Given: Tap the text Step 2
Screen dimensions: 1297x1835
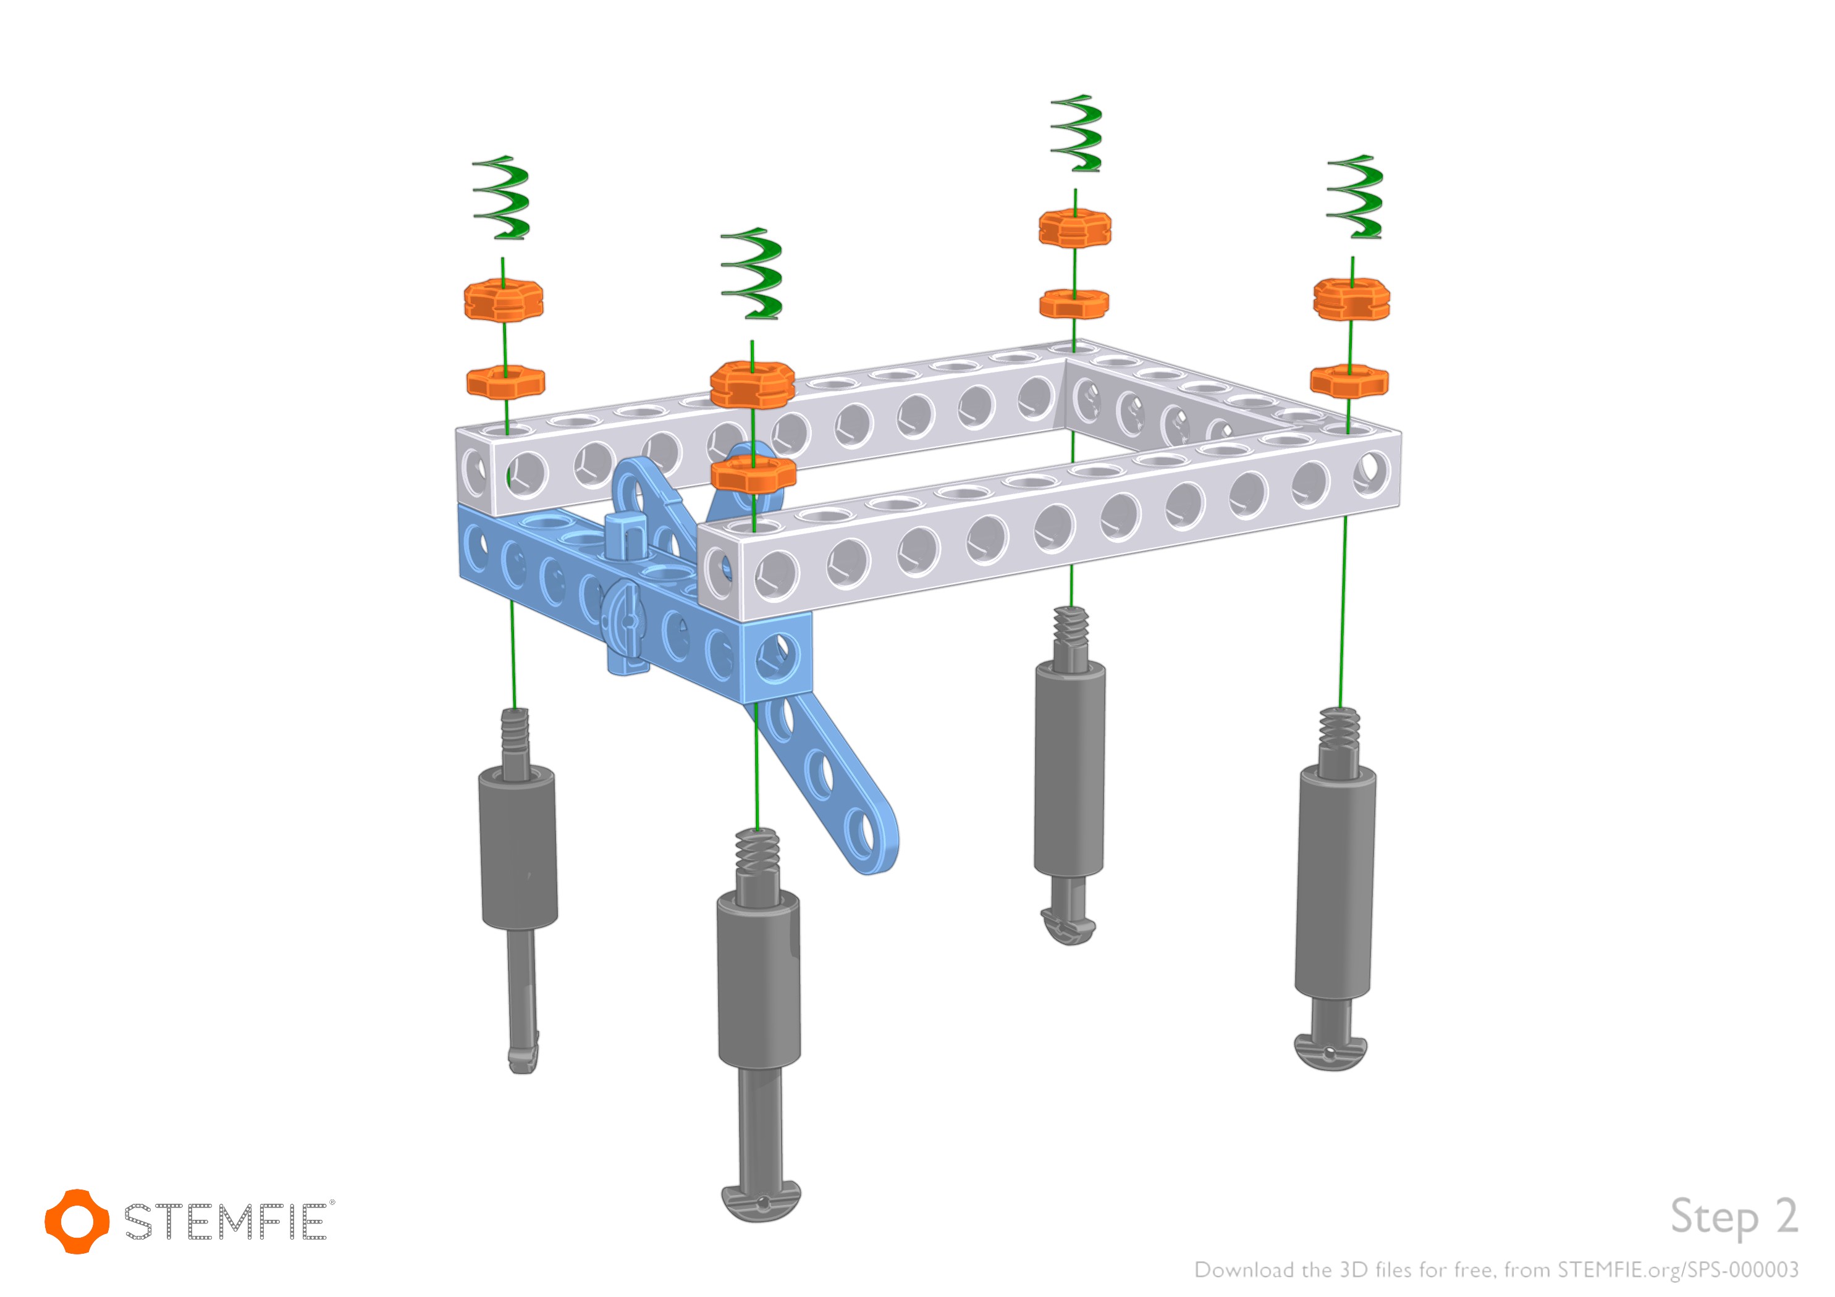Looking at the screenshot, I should pos(1734,1218).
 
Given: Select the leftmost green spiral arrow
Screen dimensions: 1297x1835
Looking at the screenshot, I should pos(502,198).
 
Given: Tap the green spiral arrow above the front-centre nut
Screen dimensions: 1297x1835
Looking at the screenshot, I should pos(752,274).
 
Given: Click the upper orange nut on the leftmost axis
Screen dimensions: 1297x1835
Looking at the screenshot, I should pos(504,300).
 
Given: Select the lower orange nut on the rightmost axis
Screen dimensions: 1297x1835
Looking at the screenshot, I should pos(1349,380).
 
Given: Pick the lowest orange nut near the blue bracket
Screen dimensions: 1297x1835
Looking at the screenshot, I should pos(754,474).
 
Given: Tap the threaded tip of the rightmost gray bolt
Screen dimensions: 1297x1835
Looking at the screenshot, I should pos(1339,726).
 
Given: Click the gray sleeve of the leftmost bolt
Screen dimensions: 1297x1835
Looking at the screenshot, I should pos(518,847).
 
